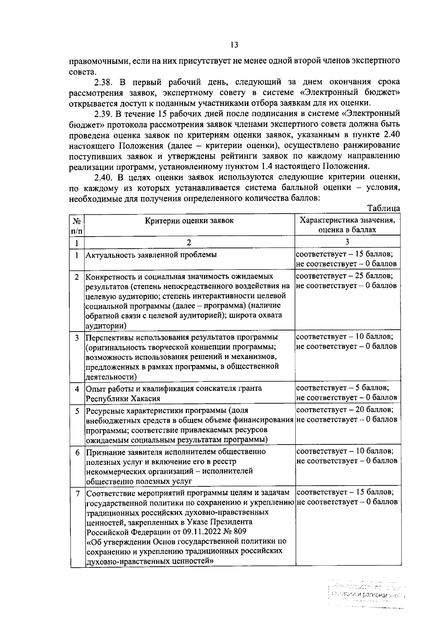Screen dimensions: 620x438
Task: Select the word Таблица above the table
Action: (x=384, y=208)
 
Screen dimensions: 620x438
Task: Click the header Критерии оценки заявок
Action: (x=189, y=221)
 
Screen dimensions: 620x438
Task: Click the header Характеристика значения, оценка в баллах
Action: (x=347, y=225)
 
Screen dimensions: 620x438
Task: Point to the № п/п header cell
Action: (x=77, y=225)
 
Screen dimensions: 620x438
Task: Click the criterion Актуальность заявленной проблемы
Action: (x=151, y=255)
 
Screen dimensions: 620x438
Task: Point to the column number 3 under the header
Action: (x=347, y=242)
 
